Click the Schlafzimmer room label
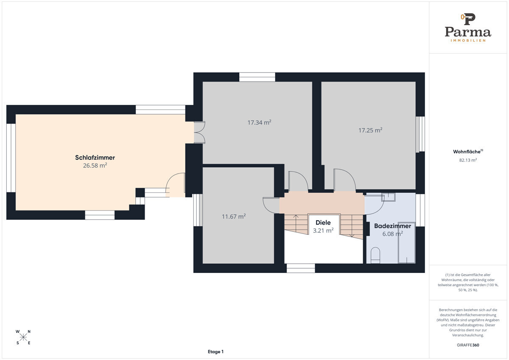[x=95, y=157]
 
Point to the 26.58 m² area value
[x=95, y=165]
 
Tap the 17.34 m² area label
[x=259, y=123]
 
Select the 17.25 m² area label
[x=370, y=130]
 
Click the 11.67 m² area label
[x=234, y=216]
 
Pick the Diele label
[x=323, y=222]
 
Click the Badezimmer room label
[x=393, y=226]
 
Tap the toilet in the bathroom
[x=375, y=256]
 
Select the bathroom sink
[x=389, y=197]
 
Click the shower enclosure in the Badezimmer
[x=407, y=243]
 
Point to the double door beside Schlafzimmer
[x=199, y=132]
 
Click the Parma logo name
[x=468, y=32]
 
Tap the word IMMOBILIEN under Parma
[x=468, y=40]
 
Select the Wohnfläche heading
[x=468, y=152]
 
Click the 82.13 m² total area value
[x=468, y=160]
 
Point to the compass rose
[x=23, y=337]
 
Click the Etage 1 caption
[x=215, y=352]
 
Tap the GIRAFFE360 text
[x=468, y=345]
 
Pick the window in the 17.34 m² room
[x=257, y=77]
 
